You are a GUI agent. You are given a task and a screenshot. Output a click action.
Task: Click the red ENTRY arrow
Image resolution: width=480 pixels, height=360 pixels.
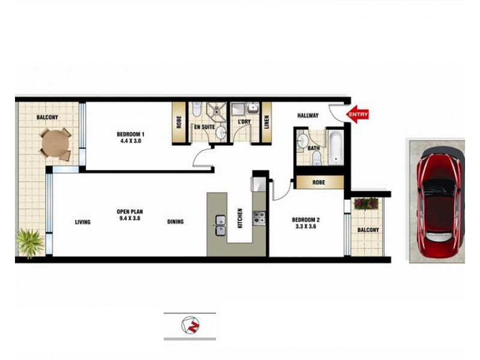tap(358, 114)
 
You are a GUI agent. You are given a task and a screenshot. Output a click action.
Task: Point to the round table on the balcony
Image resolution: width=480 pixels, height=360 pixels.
tap(55, 143)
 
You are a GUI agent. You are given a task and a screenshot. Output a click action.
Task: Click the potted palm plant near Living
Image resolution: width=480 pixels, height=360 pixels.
tap(29, 242)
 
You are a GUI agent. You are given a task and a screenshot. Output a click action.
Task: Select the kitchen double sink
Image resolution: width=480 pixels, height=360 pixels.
tap(220, 224)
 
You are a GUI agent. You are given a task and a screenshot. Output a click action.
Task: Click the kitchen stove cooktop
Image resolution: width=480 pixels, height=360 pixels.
tap(259, 217)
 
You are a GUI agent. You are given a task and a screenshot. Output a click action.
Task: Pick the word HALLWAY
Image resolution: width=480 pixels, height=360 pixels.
tap(307, 116)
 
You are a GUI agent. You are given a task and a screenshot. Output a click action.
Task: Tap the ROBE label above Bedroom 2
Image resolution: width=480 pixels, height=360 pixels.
tap(318, 182)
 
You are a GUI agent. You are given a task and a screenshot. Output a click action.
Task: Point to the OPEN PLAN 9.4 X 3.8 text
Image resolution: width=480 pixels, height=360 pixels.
tap(130, 215)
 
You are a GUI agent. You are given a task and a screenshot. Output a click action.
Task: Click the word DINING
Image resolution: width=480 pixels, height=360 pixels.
tap(175, 222)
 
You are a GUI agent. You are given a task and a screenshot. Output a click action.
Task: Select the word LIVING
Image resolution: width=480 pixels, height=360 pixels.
tap(83, 223)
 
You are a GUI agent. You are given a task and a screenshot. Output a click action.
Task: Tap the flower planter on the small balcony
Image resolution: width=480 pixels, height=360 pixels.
tap(365, 203)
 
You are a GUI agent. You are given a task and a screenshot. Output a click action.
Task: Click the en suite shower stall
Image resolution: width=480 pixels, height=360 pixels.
tap(214, 110)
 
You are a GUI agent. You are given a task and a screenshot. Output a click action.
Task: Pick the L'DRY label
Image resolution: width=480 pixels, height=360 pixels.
tap(244, 122)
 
